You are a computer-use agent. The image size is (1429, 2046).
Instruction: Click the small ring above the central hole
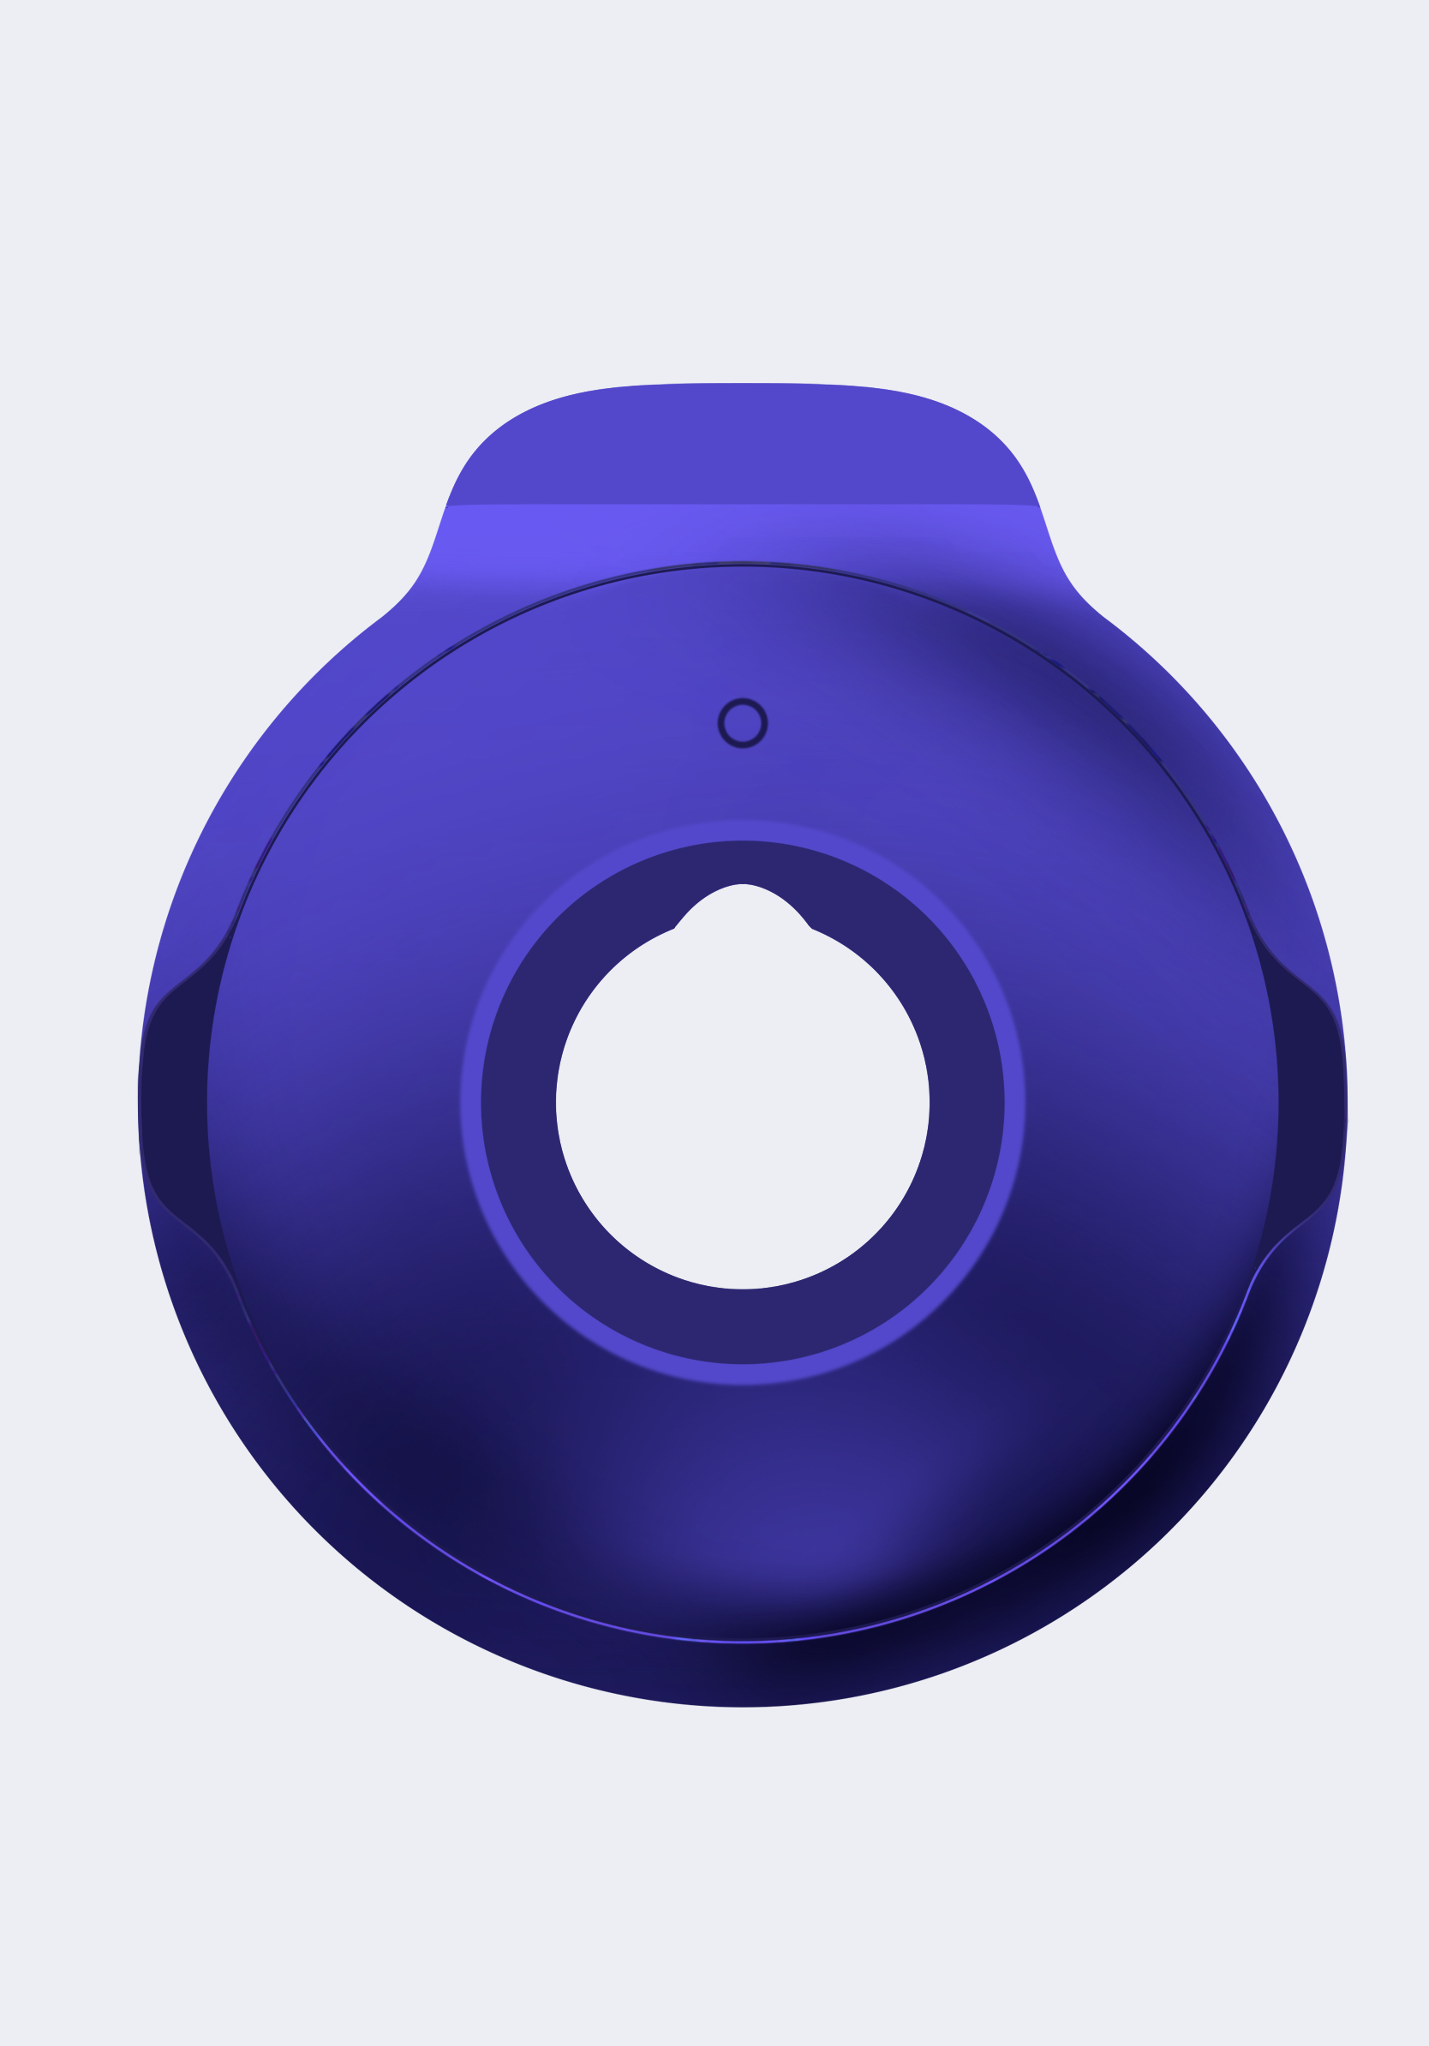(742, 722)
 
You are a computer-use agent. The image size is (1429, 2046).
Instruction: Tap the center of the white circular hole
(742, 1114)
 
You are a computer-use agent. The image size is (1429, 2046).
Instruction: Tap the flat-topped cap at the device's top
(742, 446)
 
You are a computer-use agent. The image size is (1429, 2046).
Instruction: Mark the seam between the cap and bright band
(742, 506)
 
